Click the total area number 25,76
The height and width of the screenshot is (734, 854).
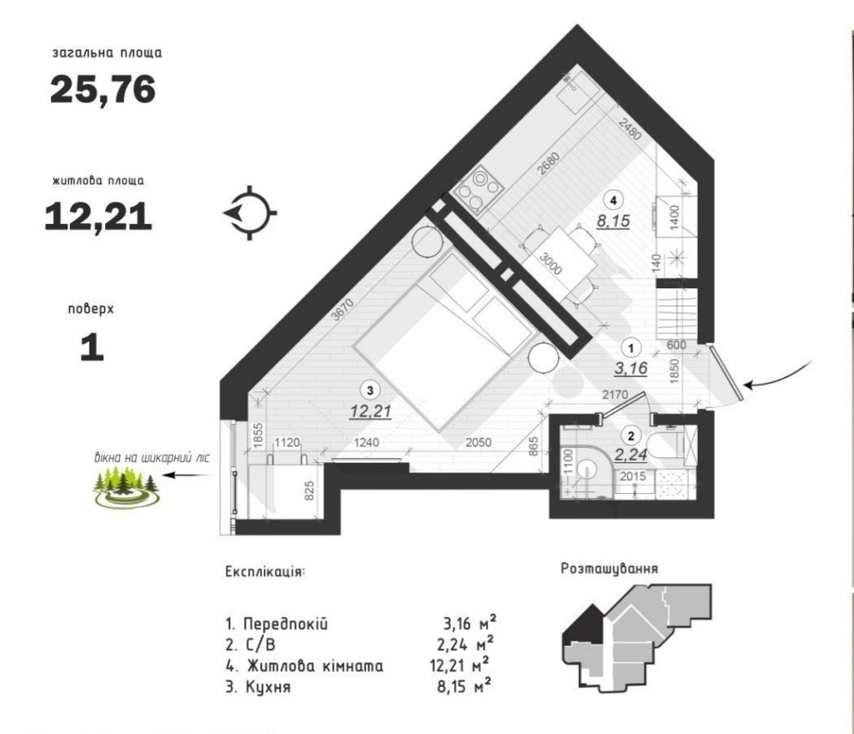pyautogui.click(x=103, y=90)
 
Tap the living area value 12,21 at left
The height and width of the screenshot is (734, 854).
pyautogui.click(x=98, y=216)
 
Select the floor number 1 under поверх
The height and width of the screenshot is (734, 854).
pyautogui.click(x=92, y=348)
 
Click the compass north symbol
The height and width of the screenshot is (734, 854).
pyautogui.click(x=250, y=213)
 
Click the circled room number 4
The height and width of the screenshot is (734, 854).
pyautogui.click(x=614, y=200)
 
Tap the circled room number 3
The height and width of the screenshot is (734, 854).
pyautogui.click(x=371, y=390)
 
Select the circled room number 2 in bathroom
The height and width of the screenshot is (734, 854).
pyautogui.click(x=631, y=436)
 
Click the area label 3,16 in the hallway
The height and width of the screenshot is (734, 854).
pyautogui.click(x=631, y=369)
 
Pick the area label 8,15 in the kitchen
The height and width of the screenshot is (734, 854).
pyautogui.click(x=613, y=221)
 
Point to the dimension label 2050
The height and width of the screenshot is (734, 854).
pyautogui.click(x=478, y=443)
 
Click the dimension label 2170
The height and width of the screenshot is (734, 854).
pyautogui.click(x=615, y=394)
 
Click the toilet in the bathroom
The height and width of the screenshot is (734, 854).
pyautogui.click(x=665, y=445)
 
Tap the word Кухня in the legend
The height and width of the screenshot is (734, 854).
pyautogui.click(x=268, y=687)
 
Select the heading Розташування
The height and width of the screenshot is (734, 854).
pyautogui.click(x=610, y=569)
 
